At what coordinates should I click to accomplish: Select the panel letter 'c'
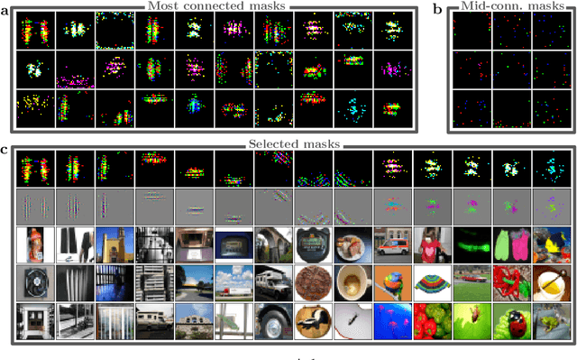tap(5, 148)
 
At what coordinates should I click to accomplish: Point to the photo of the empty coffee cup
tap(350, 284)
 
